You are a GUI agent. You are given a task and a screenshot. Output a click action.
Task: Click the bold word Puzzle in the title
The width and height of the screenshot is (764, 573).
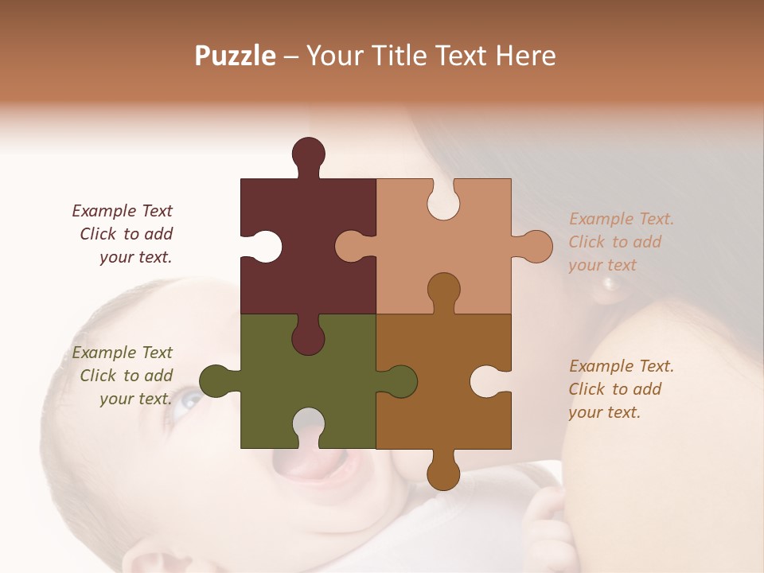pos(236,56)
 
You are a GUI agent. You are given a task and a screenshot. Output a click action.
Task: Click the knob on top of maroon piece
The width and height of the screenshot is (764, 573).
pos(309,153)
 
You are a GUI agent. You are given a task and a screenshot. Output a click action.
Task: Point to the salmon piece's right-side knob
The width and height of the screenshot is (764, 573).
pos(536,246)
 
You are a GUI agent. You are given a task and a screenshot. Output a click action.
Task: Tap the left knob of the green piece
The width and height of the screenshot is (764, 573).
pos(216,380)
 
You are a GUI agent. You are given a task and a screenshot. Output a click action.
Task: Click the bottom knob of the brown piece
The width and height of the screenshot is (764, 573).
pos(443,473)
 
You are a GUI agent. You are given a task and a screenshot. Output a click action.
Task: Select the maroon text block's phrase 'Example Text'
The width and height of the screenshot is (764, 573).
pos(122,211)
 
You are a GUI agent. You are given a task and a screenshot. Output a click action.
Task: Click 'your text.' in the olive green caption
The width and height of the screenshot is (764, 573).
pos(135,399)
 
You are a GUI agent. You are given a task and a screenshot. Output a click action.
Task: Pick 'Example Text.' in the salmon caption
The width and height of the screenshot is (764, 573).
pos(622,219)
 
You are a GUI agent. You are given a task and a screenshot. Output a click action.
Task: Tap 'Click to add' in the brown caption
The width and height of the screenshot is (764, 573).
pos(614,389)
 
